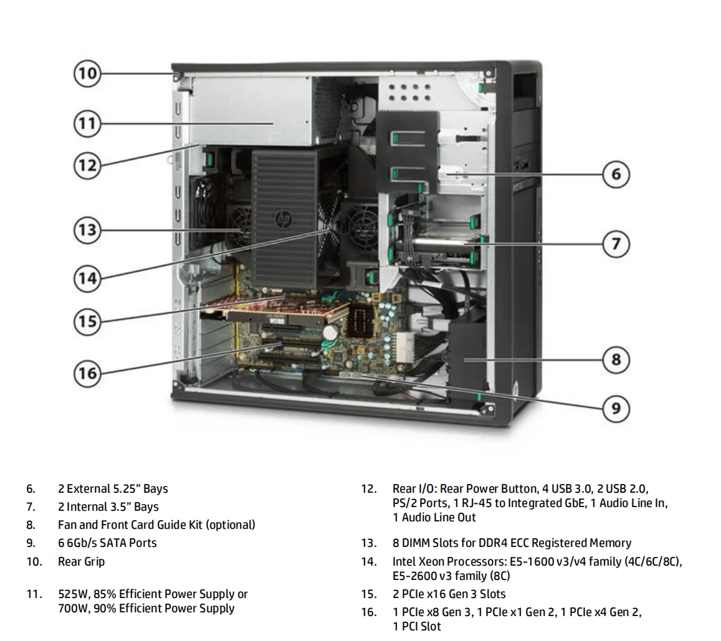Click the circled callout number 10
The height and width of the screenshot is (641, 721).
tap(87, 74)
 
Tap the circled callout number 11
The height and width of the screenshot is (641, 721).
tap(87, 123)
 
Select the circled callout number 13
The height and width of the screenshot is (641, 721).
tap(87, 230)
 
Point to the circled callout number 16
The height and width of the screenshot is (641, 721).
tap(87, 373)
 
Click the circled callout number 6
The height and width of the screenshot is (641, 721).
tap(616, 174)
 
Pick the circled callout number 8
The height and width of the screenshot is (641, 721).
tap(616, 359)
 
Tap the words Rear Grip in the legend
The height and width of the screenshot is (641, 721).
tap(81, 561)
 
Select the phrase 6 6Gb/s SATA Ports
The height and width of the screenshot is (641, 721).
tap(107, 543)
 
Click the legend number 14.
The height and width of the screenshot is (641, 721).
tap(368, 561)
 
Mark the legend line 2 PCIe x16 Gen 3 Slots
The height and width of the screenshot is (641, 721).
tap(449, 594)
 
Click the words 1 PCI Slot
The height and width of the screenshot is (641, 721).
tap(416, 626)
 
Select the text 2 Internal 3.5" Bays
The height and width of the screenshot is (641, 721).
tap(108, 506)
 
